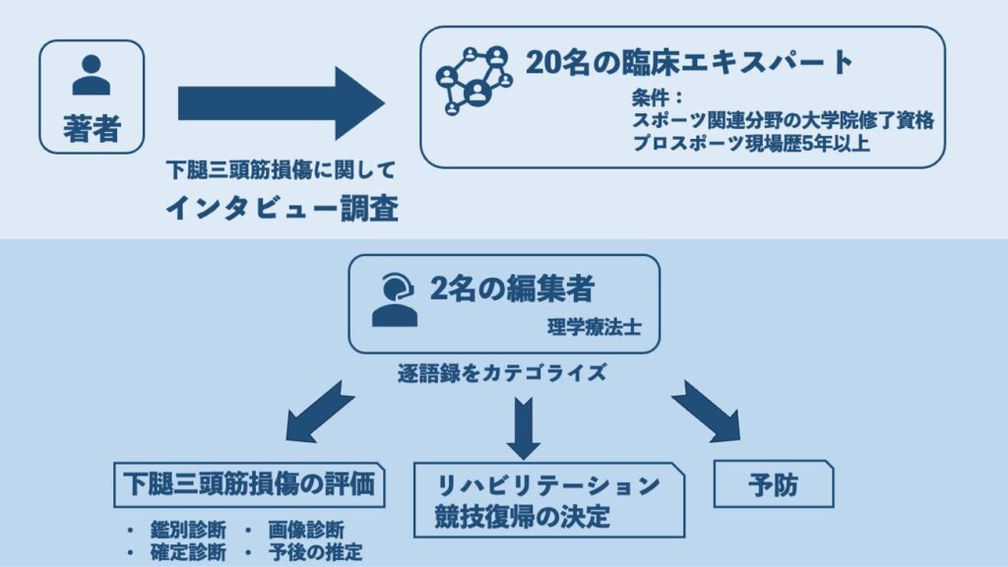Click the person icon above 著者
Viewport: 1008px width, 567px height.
point(92,75)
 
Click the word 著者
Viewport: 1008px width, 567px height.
point(92,128)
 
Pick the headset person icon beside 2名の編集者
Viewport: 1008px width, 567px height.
point(394,300)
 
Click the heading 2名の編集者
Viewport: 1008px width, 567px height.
point(512,288)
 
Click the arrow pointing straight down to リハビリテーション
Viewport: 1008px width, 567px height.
point(523,426)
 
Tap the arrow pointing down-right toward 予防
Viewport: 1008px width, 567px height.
point(706,410)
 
